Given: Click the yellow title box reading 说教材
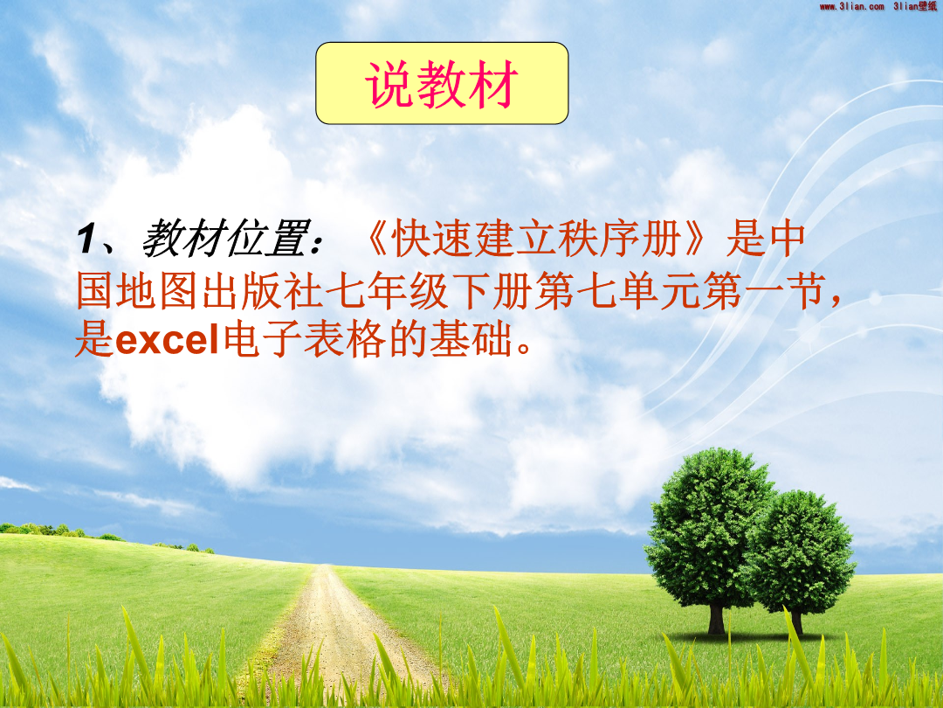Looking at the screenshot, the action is (x=442, y=83).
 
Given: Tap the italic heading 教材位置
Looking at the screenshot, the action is (x=226, y=239).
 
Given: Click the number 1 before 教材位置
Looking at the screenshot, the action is (x=87, y=239).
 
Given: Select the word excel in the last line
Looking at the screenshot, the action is (x=167, y=340).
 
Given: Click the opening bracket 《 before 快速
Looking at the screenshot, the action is (x=375, y=239).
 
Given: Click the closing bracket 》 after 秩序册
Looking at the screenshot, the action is (x=697, y=239).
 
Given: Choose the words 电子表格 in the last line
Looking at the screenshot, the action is (x=305, y=340).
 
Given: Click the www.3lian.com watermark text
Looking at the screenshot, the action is (x=851, y=7).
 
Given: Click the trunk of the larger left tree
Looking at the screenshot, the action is (x=716, y=619).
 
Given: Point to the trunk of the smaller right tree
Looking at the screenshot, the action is (x=797, y=622).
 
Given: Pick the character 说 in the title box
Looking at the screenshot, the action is (x=389, y=84).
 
